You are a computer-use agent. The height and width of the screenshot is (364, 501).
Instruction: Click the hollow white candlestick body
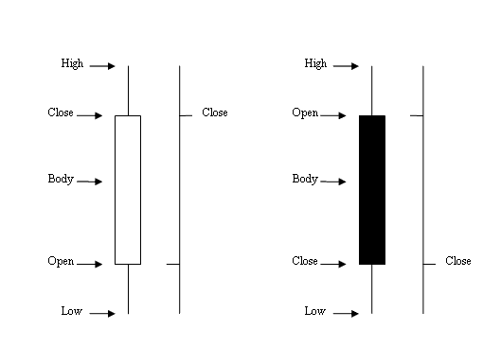[x=128, y=189]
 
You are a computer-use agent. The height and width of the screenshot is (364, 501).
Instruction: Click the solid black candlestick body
[x=372, y=189]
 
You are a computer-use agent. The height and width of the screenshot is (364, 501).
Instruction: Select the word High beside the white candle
[x=72, y=64]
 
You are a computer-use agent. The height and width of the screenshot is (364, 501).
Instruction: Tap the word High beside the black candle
[x=315, y=64]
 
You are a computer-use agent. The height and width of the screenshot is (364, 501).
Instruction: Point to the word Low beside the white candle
[x=72, y=311]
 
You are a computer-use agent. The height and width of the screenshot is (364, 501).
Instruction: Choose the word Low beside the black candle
[x=315, y=311]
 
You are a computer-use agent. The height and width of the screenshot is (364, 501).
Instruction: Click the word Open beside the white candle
[x=61, y=261]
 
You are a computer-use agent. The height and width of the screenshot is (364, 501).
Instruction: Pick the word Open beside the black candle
[x=305, y=113]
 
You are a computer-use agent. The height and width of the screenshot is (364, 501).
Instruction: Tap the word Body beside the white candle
[x=61, y=179]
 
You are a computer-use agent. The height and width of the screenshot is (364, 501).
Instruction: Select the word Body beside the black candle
[x=305, y=179]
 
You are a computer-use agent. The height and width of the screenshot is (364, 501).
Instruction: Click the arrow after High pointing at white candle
[x=103, y=66]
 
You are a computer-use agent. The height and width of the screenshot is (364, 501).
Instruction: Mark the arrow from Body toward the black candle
[x=334, y=181]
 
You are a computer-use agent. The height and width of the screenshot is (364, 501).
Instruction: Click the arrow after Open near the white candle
[x=90, y=264]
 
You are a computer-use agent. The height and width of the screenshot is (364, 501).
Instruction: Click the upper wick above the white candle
[x=128, y=90]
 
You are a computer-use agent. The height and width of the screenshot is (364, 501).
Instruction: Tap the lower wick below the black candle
[x=372, y=288]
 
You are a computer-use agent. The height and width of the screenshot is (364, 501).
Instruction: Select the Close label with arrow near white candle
[x=61, y=113]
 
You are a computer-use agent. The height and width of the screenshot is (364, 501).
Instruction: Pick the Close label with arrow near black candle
[x=305, y=261]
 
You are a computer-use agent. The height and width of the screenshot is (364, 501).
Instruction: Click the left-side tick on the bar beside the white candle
[x=172, y=264]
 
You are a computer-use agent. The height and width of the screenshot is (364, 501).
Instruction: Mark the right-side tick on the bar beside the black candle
[x=429, y=264]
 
